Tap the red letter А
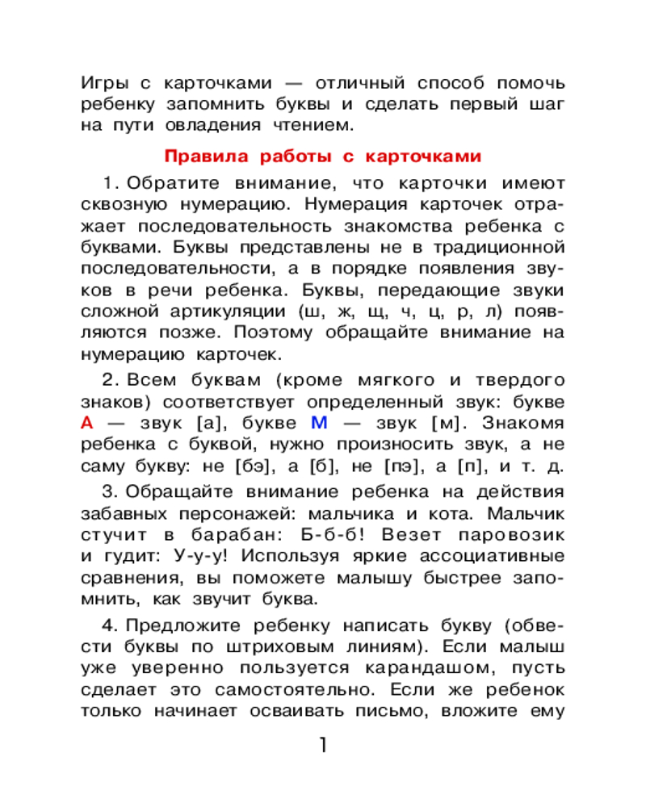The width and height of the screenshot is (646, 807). (89, 422)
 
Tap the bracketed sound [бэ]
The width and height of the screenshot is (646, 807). (253, 465)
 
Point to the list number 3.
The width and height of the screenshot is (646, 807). (110, 492)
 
